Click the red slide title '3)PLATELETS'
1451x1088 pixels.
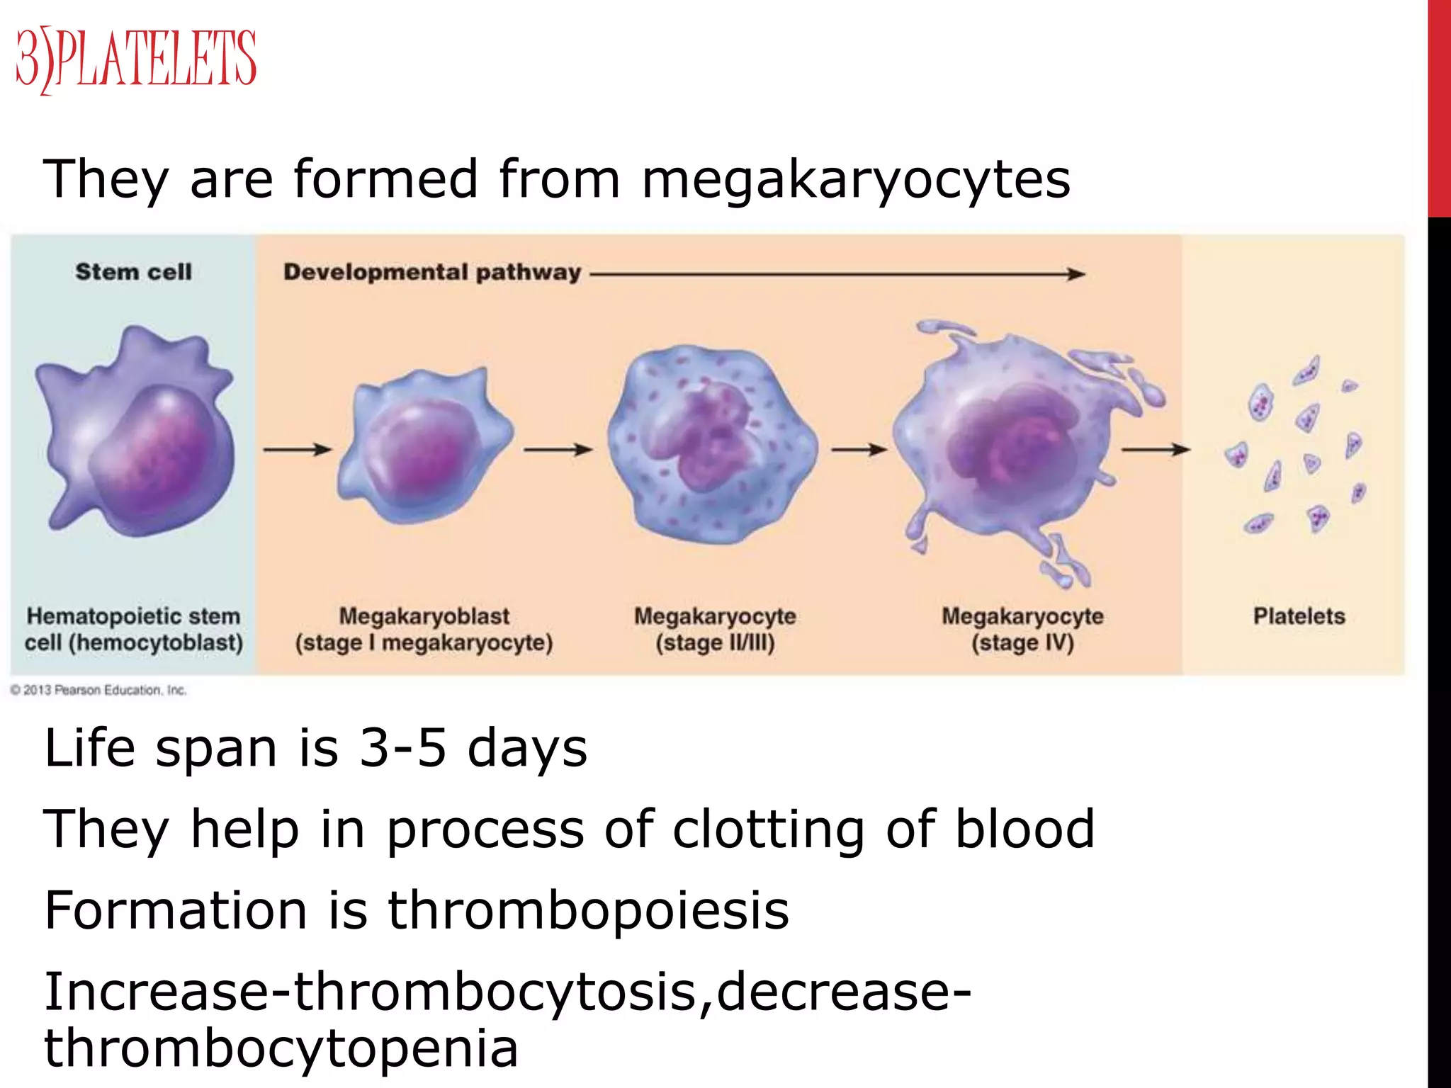pyautogui.click(x=136, y=59)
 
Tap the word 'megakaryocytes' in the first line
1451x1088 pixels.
pyautogui.click(x=856, y=180)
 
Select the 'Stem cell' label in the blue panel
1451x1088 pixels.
pyautogui.click(x=133, y=272)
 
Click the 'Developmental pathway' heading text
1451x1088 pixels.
pyautogui.click(x=432, y=273)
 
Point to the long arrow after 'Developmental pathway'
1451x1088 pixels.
pyautogui.click(x=836, y=274)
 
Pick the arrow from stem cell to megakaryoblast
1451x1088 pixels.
pyautogui.click(x=297, y=449)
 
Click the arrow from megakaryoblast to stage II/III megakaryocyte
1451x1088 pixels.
pyautogui.click(x=558, y=449)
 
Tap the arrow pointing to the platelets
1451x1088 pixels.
pyautogui.click(x=1155, y=449)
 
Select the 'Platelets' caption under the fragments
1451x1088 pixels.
pyautogui.click(x=1299, y=616)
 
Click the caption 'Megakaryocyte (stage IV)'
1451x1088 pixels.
pyautogui.click(x=1022, y=630)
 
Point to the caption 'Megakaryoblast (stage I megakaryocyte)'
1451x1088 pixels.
pyautogui.click(x=424, y=630)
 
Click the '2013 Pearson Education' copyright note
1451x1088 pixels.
pyautogui.click(x=99, y=690)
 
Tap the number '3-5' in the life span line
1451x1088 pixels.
pyautogui.click(x=402, y=749)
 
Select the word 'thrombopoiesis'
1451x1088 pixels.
pyautogui.click(x=588, y=911)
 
